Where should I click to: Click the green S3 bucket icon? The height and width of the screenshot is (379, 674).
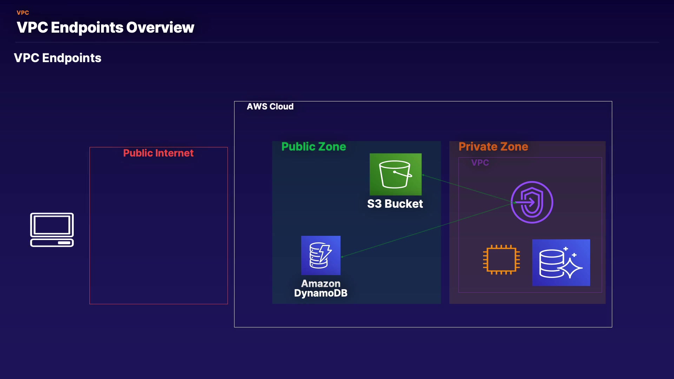tap(396, 174)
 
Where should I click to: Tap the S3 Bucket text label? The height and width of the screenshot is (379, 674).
tap(395, 204)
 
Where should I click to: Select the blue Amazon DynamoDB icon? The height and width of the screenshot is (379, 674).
tap(321, 255)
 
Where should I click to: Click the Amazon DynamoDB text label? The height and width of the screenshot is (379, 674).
tap(321, 288)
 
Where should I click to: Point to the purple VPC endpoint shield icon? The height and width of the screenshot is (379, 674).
tap(532, 202)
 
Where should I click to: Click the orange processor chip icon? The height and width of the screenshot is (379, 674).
tap(501, 260)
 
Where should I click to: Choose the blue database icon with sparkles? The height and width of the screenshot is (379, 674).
tap(561, 262)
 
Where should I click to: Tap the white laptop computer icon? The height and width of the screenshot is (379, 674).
tap(52, 230)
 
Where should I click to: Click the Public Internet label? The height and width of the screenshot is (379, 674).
tap(158, 153)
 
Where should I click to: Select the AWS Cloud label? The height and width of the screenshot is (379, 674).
tap(270, 107)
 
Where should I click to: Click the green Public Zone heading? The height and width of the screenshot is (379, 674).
tap(314, 147)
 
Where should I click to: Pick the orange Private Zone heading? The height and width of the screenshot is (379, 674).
tap(493, 147)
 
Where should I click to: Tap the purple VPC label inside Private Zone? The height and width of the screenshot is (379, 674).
tap(480, 163)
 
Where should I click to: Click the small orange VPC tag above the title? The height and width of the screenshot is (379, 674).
tap(23, 13)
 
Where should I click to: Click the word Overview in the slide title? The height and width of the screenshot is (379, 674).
tap(160, 27)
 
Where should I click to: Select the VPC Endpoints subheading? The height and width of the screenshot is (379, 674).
tap(58, 58)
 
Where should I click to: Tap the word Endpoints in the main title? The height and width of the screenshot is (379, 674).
tap(87, 28)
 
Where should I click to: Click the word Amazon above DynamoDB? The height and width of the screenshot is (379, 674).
tap(321, 284)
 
